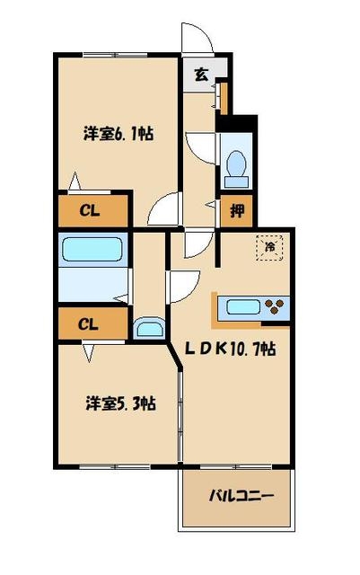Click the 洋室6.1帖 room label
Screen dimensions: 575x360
(118, 134)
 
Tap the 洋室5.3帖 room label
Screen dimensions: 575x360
(121, 403)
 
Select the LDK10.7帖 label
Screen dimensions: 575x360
(230, 349)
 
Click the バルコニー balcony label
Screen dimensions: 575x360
(240, 495)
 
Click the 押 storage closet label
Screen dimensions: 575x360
(236, 212)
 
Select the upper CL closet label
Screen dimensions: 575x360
(89, 212)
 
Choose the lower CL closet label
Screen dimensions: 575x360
(89, 323)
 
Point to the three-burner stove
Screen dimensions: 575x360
(277, 308)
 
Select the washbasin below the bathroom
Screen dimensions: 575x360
(146, 327)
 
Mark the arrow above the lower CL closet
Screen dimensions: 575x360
(76, 180)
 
